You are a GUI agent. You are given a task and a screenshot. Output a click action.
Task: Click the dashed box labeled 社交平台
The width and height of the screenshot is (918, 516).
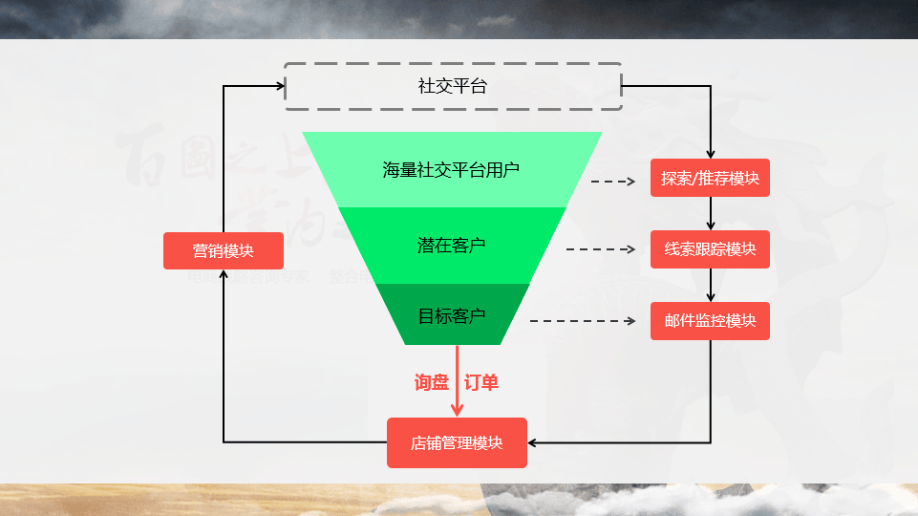(453, 86)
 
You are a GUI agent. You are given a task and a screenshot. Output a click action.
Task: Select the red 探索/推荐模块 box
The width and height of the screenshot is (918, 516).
(710, 178)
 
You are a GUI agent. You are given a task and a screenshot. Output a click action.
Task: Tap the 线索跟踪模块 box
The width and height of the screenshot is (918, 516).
(710, 249)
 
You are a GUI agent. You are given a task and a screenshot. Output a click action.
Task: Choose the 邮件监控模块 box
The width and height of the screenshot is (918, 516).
(710, 321)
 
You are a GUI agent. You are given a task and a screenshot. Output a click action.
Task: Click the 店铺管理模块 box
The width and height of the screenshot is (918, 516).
(457, 442)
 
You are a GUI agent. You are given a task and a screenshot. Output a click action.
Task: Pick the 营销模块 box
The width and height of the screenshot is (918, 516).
(224, 250)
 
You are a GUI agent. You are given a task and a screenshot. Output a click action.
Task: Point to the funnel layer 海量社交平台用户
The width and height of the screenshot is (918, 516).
(452, 170)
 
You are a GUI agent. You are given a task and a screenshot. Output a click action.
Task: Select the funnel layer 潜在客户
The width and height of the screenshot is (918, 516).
(452, 246)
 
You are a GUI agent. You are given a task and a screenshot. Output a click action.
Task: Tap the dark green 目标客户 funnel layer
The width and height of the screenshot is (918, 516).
(452, 314)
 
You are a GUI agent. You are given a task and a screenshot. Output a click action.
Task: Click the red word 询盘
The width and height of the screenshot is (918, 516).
(432, 382)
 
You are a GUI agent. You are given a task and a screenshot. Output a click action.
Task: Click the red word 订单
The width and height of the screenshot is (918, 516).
(481, 382)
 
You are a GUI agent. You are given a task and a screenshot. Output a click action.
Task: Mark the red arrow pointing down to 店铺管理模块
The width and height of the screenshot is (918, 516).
(457, 382)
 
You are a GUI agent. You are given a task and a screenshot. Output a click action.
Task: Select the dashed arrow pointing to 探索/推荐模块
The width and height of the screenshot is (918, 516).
(613, 181)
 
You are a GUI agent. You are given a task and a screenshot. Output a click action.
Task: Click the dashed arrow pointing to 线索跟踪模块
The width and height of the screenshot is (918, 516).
(601, 249)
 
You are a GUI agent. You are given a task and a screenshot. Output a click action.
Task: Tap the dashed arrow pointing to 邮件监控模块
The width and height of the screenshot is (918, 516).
(583, 321)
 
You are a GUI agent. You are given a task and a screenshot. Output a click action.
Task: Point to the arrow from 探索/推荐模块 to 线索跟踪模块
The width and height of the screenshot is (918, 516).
(711, 213)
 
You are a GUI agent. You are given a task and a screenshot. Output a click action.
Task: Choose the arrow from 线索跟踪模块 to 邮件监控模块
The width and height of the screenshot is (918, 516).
(711, 285)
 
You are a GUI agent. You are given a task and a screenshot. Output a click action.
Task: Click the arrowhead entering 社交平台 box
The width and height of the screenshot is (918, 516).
(280, 86)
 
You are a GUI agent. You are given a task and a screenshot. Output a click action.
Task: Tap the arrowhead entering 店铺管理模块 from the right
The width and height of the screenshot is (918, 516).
(533, 442)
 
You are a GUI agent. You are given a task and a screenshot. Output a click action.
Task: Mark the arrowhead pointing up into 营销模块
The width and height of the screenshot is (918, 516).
(224, 275)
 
